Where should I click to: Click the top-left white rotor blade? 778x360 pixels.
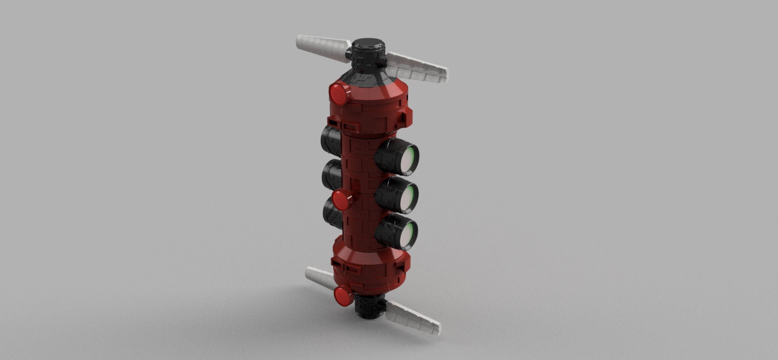coord(322,46)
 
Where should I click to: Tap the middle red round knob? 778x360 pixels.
coord(342,199)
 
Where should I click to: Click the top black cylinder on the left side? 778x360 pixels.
coord(330,140)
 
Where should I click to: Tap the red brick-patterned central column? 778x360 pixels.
coord(359,185)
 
